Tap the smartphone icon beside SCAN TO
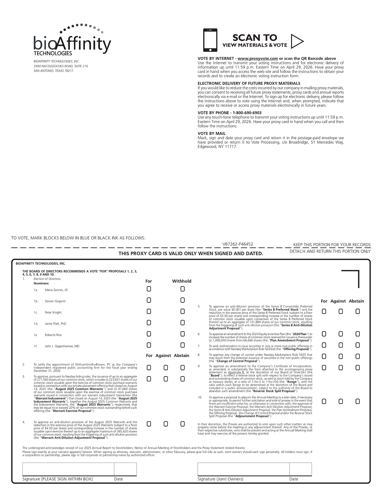pyautogui.click(x=210, y=40)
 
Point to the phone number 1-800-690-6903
pyautogui.click(x=247, y=113)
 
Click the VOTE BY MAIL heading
pyautogui.click(x=211, y=133)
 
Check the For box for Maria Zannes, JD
pyautogui.click(x=149, y=289)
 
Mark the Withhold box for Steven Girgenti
pyautogui.click(x=182, y=300)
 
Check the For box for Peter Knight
pyautogui.click(x=149, y=311)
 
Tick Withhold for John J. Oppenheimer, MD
pyautogui.click(x=182, y=345)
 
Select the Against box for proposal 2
pyautogui.click(x=166, y=368)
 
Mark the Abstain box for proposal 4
pyautogui.click(x=182, y=424)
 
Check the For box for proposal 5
pyautogui.click(x=324, y=311)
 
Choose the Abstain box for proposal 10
pyautogui.click(x=357, y=401)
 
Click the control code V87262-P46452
pyautogui.click(x=238, y=244)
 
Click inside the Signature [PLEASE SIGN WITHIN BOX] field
pyautogui.click(x=68, y=469)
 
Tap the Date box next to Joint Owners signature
pyautogui.click(x=300, y=469)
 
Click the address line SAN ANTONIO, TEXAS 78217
pyautogui.click(x=53, y=71)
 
